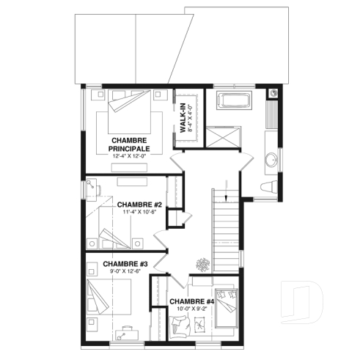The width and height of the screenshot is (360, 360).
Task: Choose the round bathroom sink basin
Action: pos(269,158)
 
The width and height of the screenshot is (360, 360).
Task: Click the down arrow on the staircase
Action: pos(227,196)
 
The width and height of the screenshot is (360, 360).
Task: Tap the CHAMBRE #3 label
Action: pos(125,264)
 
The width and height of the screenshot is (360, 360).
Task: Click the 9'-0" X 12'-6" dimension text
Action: pos(125,273)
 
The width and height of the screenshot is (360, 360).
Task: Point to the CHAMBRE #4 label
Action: pos(191,302)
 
